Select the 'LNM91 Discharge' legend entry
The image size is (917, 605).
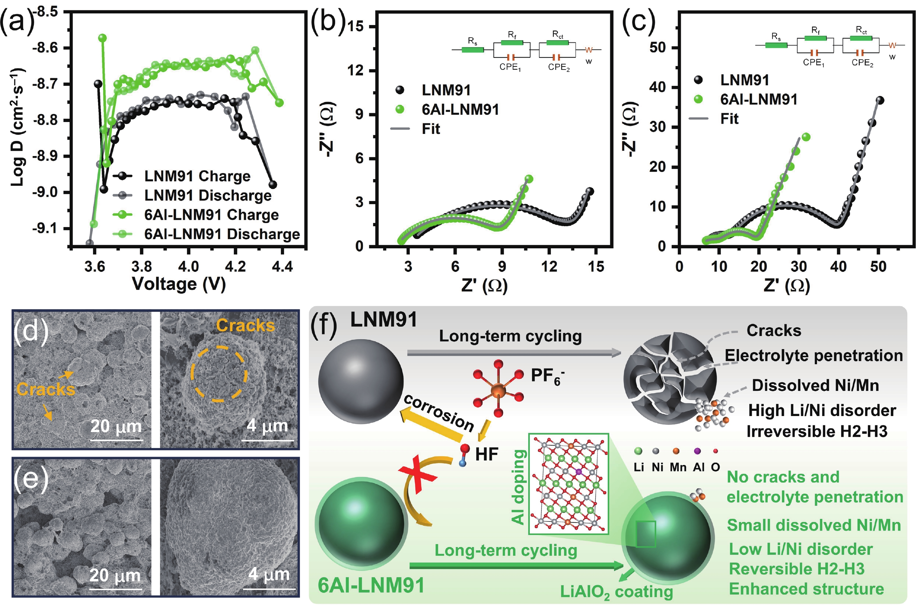(x=208, y=195)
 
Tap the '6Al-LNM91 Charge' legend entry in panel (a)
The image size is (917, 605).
(x=211, y=215)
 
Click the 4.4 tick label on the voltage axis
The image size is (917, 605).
(x=282, y=267)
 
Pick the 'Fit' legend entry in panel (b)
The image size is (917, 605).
(x=431, y=128)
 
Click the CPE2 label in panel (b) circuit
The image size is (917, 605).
(x=559, y=67)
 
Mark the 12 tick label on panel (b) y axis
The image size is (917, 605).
(x=356, y=71)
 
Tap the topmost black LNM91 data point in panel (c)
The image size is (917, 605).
(x=879, y=100)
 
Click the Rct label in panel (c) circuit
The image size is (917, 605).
(x=861, y=30)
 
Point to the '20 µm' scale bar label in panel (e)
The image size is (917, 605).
(x=115, y=575)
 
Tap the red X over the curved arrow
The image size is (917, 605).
(x=418, y=474)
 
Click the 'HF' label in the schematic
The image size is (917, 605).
(x=486, y=454)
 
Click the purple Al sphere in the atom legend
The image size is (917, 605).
(x=697, y=451)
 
